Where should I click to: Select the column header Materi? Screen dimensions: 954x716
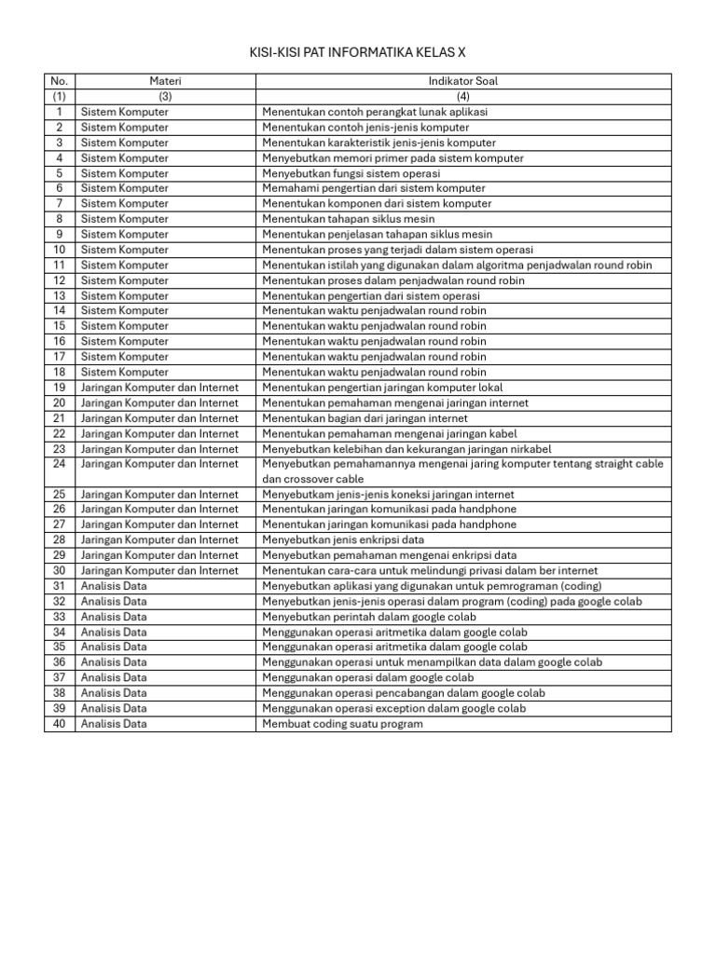[x=165, y=81]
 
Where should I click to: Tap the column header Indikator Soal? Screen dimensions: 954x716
[x=462, y=81]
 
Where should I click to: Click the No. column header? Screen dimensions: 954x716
[x=60, y=81]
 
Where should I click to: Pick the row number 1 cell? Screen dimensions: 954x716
[x=60, y=112]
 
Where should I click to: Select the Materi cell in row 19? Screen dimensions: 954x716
[x=159, y=387]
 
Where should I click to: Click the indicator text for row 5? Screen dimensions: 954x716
[x=351, y=173]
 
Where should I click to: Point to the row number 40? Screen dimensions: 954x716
[x=60, y=724]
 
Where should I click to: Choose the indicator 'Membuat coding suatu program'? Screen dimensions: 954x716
[x=342, y=724]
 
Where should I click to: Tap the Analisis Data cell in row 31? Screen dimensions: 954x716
[x=114, y=586]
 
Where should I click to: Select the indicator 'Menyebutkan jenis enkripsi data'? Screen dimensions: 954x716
[x=343, y=539]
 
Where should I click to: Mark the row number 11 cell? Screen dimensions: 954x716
[x=60, y=265]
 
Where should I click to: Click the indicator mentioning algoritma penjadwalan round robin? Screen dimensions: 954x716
[x=457, y=265]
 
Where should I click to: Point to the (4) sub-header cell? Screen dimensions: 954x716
[x=462, y=96]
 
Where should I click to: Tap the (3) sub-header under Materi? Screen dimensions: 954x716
[x=165, y=96]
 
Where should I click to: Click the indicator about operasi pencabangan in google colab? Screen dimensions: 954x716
[x=404, y=693]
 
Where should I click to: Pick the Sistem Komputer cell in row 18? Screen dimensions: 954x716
[x=125, y=372]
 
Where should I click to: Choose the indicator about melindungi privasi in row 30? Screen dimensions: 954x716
[x=430, y=570]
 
